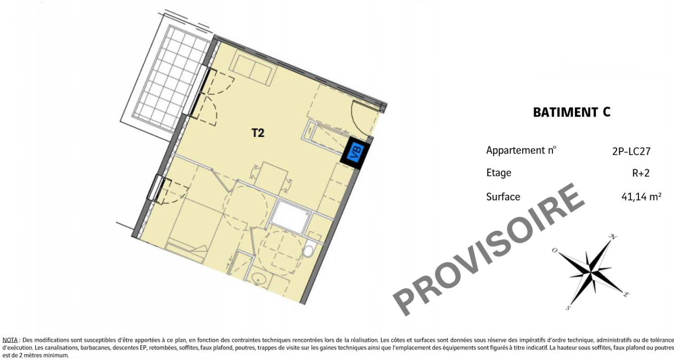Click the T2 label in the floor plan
(258, 133)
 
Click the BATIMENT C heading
(572, 112)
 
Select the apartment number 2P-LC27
(631, 151)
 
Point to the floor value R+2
(641, 173)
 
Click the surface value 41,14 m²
(641, 197)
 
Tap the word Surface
(503, 197)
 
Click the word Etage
(498, 173)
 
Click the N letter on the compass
(613, 237)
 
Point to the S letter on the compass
(567, 307)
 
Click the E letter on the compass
(626, 294)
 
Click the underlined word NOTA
(10, 340)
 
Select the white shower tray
(290, 216)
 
